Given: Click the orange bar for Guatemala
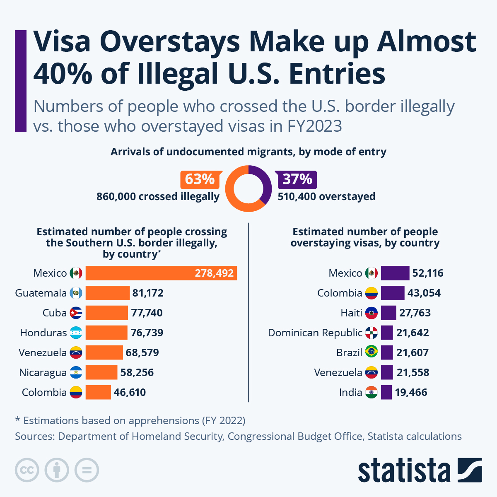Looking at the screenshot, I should [x=108, y=293].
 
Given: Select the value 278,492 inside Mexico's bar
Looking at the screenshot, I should [x=214, y=273].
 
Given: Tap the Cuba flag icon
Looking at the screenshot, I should [x=76, y=313].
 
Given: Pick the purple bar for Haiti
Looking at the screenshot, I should [x=388, y=313].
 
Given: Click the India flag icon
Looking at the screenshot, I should [x=372, y=393].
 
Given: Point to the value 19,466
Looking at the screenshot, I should [x=411, y=393].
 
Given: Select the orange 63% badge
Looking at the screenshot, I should [x=200, y=179].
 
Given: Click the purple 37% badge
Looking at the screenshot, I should [x=297, y=179].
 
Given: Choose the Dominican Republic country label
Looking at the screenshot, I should [x=315, y=333].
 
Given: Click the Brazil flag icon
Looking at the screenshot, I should [x=372, y=353].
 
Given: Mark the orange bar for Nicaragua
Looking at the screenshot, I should [x=101, y=373].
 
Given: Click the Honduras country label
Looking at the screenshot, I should [x=43, y=333].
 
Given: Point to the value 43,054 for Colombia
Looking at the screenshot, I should [x=424, y=293].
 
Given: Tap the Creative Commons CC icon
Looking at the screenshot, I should [x=27, y=470].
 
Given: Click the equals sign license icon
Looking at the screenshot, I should [x=87, y=470].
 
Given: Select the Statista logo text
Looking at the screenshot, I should [x=404, y=470].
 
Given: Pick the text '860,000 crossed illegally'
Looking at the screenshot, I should [x=158, y=197].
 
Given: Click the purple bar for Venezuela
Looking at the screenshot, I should [x=387, y=373].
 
